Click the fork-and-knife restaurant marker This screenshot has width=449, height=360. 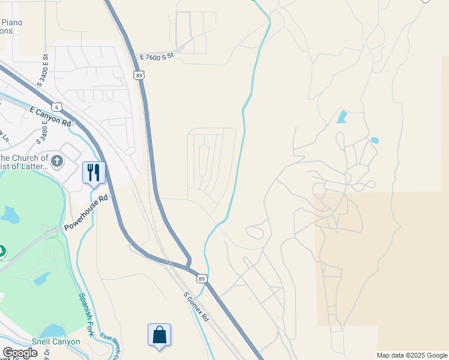pyautogui.click(x=94, y=172)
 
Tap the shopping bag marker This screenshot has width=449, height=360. pyautogui.click(x=160, y=335)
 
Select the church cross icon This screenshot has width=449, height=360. pyautogui.click(x=57, y=161)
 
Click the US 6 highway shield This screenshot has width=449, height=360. pyautogui.click(x=56, y=106)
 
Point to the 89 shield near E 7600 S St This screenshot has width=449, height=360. pyautogui.click(x=139, y=75)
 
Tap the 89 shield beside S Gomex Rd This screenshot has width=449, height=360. pyautogui.click(x=202, y=278)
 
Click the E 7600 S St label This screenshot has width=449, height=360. pyautogui.click(x=156, y=56)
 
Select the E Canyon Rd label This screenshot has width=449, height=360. pyautogui.click(x=50, y=116)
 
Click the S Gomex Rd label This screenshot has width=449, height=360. pyautogui.click(x=196, y=307)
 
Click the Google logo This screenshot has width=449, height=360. pyautogui.click(x=20, y=353)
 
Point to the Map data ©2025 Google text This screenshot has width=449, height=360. pyautogui.click(x=412, y=355)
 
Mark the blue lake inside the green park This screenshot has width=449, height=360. pyautogui.click(x=10, y=214)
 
